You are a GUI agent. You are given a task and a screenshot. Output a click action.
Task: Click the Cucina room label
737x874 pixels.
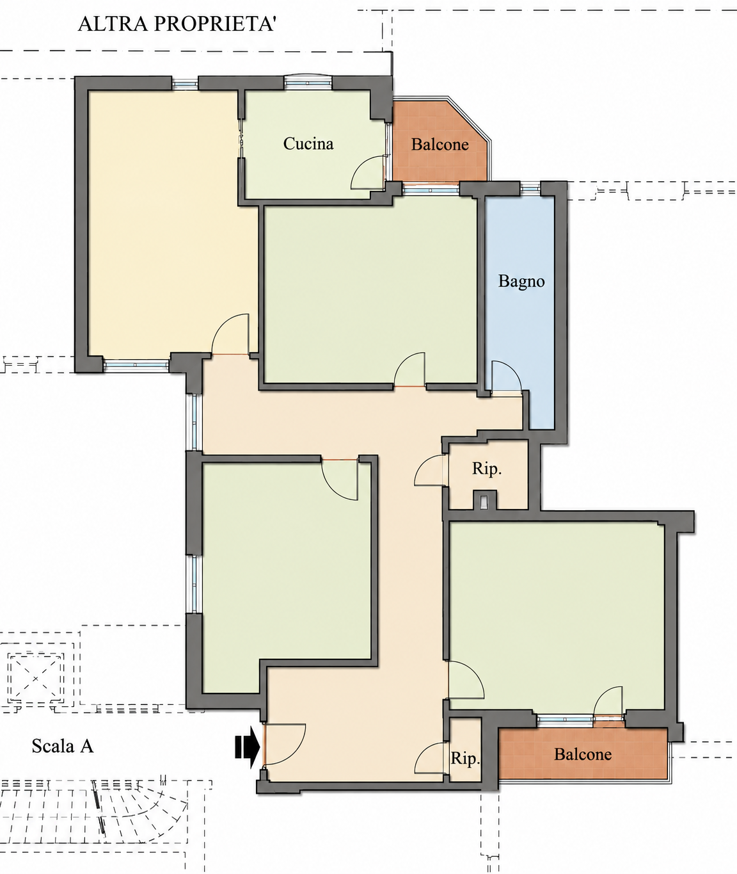coord(308,143)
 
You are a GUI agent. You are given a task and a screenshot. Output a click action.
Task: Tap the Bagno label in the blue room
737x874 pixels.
coord(521,281)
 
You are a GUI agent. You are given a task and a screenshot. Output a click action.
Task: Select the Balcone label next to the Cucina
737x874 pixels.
coord(440,145)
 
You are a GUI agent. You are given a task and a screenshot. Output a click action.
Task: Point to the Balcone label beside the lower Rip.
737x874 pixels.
coord(583,754)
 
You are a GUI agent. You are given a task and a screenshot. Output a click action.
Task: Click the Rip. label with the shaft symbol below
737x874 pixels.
coord(487,469)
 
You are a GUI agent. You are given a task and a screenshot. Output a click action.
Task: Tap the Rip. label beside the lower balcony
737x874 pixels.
coord(465,758)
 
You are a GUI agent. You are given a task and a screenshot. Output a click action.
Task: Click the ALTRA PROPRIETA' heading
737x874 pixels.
coord(177,24)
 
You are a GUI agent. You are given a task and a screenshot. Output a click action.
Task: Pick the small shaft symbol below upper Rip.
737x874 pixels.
coord(484,502)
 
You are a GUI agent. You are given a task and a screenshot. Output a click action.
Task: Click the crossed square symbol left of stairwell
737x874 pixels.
coord(36,679)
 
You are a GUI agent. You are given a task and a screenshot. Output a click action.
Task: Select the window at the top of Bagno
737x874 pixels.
coord(530,188)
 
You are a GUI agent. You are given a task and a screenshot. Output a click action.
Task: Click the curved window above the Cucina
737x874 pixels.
coord(308,81)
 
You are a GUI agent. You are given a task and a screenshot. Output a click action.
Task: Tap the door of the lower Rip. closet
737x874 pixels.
coord(429,757)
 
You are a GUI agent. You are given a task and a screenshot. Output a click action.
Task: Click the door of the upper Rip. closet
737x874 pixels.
coord(429,470)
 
